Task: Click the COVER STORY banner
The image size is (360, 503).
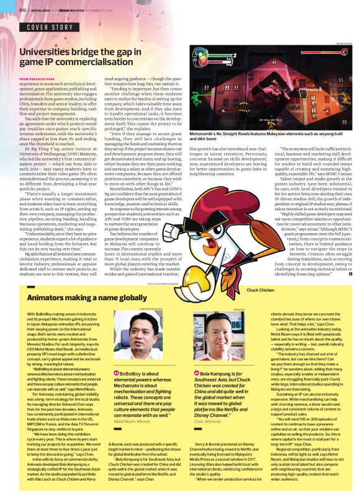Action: pos(50,28)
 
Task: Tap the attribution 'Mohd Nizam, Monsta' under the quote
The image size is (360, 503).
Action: pos(133,420)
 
